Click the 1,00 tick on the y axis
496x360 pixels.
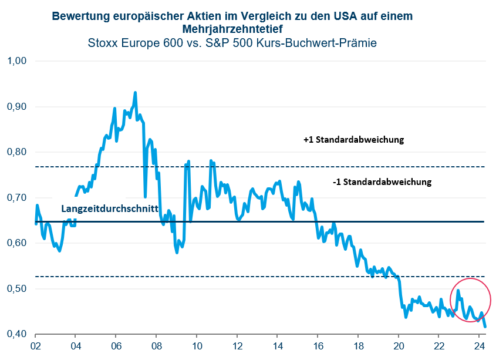pos(17,61)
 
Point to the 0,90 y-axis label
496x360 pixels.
pos(17,107)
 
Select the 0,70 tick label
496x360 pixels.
pos(17,198)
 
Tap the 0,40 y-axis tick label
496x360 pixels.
pos(17,334)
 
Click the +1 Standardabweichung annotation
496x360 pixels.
pos(354,140)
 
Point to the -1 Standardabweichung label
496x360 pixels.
pos(382,182)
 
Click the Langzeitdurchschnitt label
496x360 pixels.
pos(110,209)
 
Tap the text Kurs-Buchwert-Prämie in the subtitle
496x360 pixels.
pos(325,42)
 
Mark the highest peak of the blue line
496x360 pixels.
pos(135,93)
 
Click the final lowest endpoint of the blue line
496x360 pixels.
pos(485,327)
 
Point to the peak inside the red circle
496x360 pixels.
pos(458,291)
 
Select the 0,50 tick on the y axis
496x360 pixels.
pos(17,289)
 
